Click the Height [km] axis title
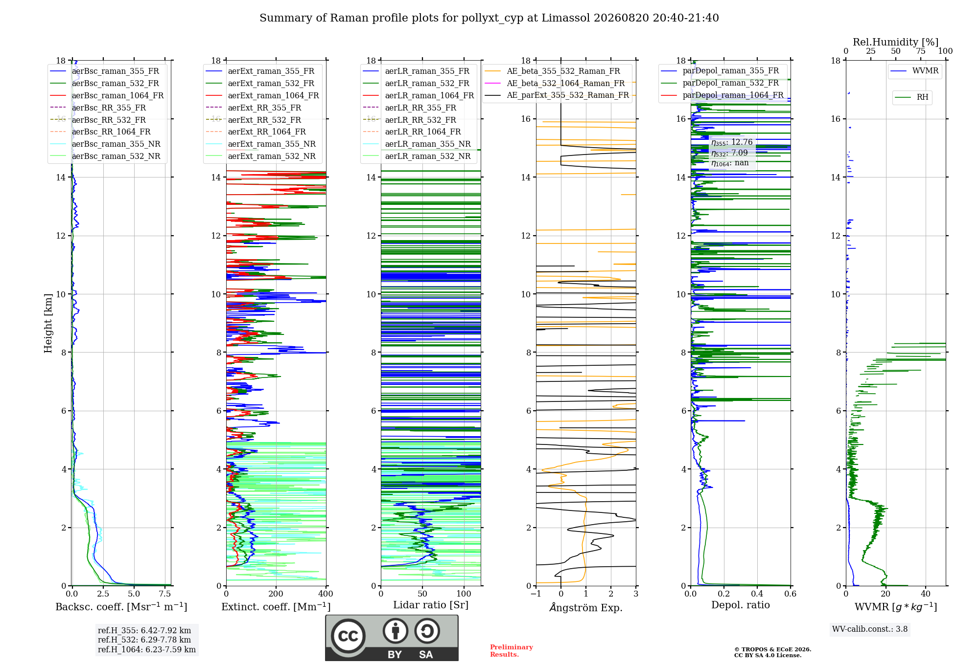coord(48,323)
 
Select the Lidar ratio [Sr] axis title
coord(431,605)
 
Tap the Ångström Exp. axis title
coord(586,607)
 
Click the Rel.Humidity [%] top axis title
coord(895,42)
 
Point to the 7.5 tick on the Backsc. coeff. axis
coord(165,594)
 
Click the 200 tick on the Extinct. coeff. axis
coord(276,594)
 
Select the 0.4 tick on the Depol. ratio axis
coord(757,594)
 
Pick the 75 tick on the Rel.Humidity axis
coord(921,51)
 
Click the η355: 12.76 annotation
coord(732,142)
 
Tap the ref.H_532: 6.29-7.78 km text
coord(144,640)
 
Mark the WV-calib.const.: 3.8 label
coord(870,629)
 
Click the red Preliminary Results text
coord(512,651)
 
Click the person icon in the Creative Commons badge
coord(396,631)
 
